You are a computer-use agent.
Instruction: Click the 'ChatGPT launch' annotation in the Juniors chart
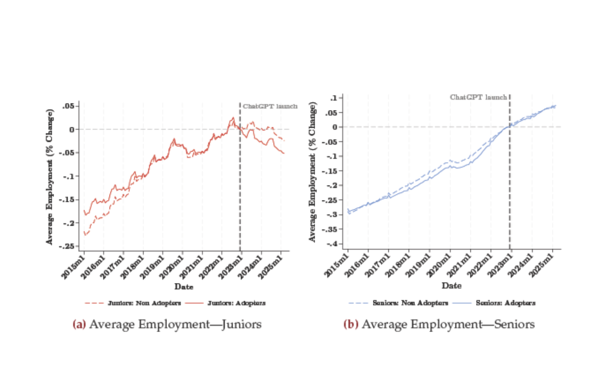click(270, 106)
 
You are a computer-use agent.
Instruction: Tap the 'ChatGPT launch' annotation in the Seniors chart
click(478, 97)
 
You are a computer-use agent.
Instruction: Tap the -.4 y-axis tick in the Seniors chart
click(332, 244)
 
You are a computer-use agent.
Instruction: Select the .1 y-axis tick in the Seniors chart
click(335, 98)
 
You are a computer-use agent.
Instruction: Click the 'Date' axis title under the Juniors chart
click(184, 286)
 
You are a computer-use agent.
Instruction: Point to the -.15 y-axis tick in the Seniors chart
click(331, 171)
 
